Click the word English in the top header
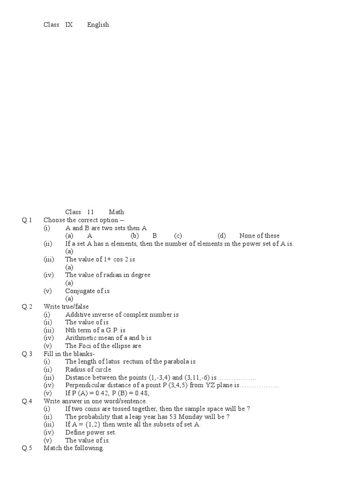tap(98, 25)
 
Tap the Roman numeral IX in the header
tap(69, 25)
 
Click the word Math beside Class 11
tap(116, 212)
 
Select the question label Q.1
tap(27, 220)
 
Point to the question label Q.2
tap(27, 307)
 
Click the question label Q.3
tap(27, 354)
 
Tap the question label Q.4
tap(27, 401)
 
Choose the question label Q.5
tap(27, 448)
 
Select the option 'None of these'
tap(259, 236)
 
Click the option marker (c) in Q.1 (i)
tap(178, 236)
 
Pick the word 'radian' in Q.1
tap(107, 275)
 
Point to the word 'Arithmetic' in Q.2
tap(82, 338)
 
